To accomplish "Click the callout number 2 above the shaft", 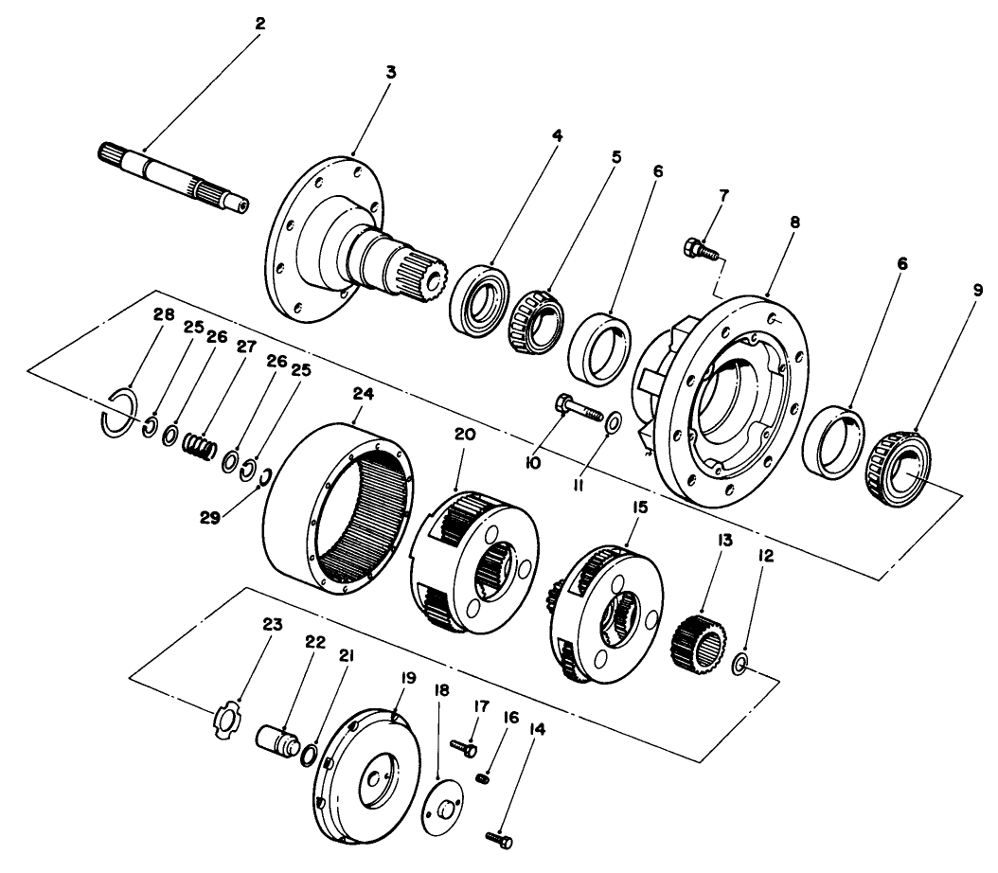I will [x=259, y=24].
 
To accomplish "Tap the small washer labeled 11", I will [x=613, y=420].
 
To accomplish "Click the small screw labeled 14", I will [x=498, y=838].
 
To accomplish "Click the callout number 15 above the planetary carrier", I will [x=640, y=508].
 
